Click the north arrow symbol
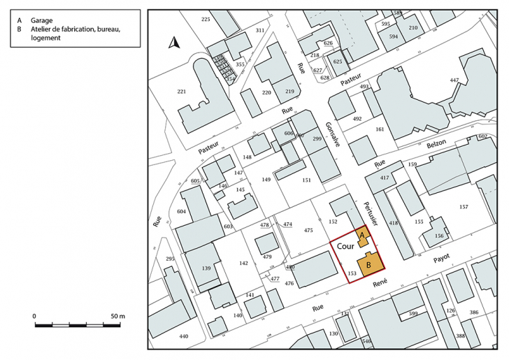[174, 43]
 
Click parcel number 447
[454, 80]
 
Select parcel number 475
[308, 230]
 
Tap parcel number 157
[463, 207]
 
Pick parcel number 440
[183, 337]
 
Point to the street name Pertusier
[370, 209]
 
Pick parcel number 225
[206, 19]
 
